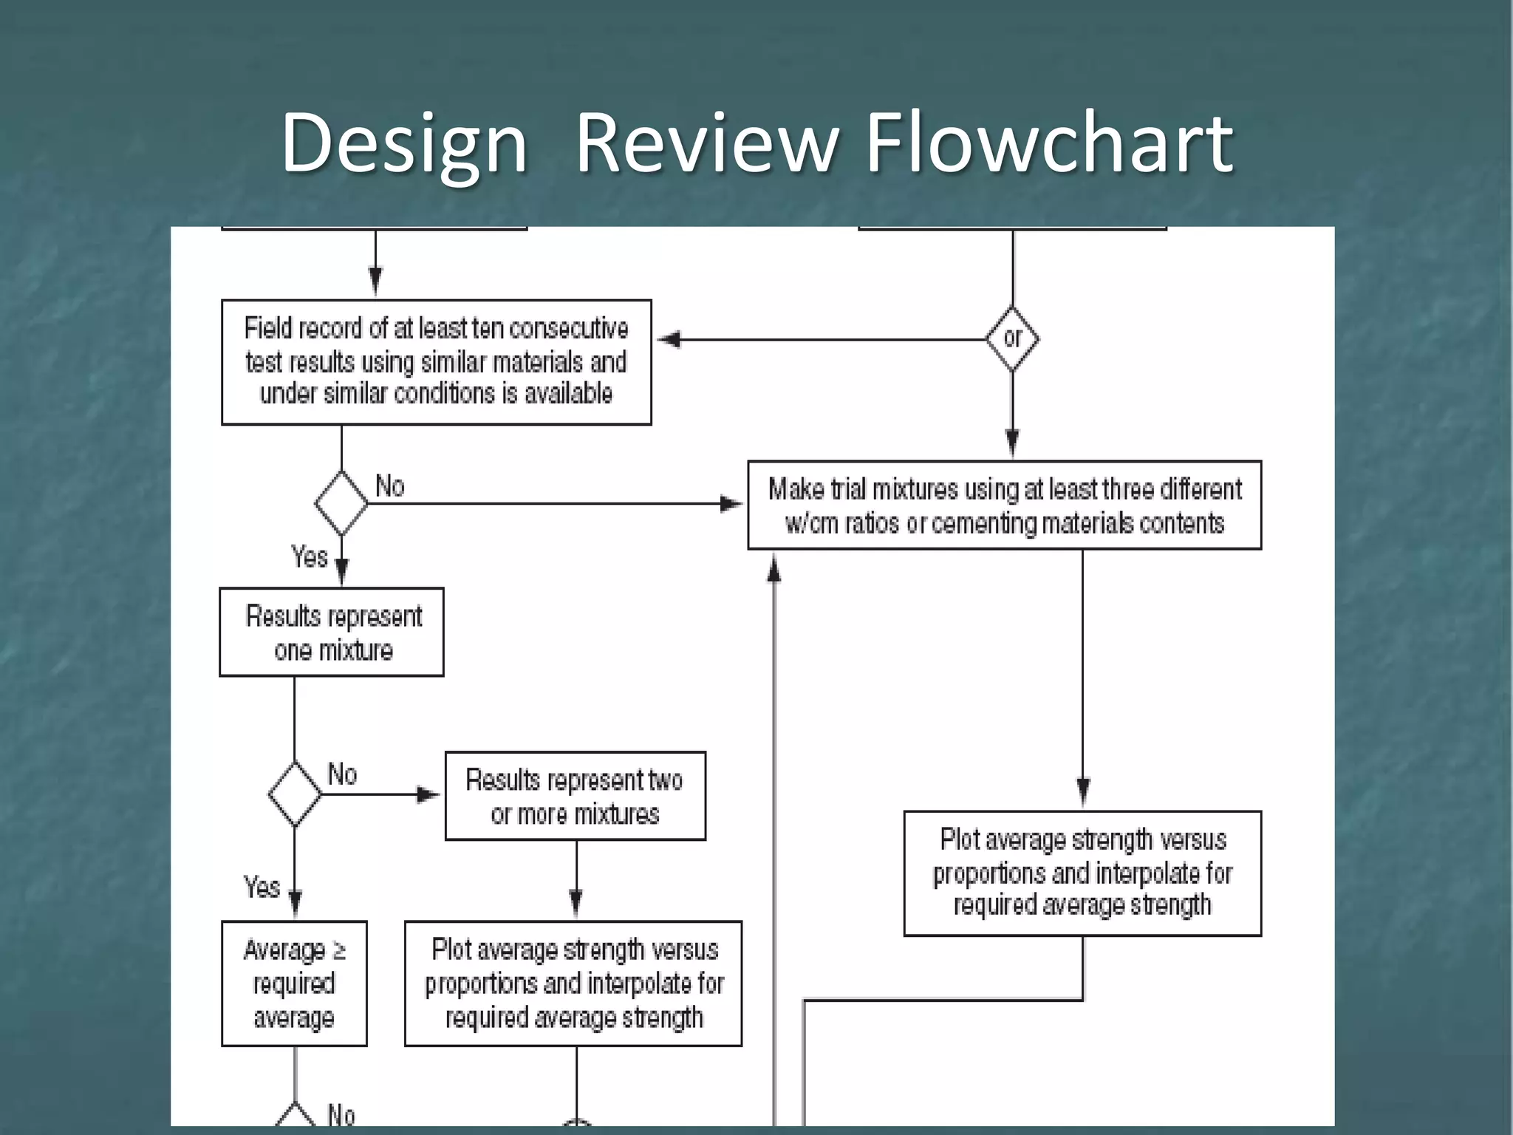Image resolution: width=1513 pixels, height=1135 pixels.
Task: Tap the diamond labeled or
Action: point(1012,338)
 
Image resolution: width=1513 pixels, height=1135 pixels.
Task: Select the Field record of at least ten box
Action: point(436,362)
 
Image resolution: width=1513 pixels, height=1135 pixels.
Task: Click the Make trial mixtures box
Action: point(1004,505)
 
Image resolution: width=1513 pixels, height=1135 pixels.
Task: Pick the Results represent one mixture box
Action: point(332,633)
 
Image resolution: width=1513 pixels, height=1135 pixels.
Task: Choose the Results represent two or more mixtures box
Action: point(575,797)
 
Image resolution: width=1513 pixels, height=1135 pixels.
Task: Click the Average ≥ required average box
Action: point(294,984)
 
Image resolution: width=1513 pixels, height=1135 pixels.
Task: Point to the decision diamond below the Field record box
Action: point(341,503)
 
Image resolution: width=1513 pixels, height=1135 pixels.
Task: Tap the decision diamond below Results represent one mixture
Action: point(295,794)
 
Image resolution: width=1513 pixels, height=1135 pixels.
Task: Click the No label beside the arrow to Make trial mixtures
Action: point(390,486)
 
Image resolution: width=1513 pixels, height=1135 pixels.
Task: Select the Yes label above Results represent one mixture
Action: point(309,556)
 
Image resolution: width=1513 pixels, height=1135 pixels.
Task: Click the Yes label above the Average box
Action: point(262,887)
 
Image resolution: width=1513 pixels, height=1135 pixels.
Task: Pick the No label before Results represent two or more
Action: point(342,774)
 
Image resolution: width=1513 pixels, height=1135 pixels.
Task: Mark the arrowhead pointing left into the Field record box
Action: point(668,339)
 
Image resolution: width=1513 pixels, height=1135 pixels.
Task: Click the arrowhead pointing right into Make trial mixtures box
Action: point(731,504)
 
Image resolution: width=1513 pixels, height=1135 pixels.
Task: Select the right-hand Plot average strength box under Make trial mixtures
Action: point(1082,873)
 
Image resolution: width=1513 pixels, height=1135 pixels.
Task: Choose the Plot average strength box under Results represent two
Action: point(573,984)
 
